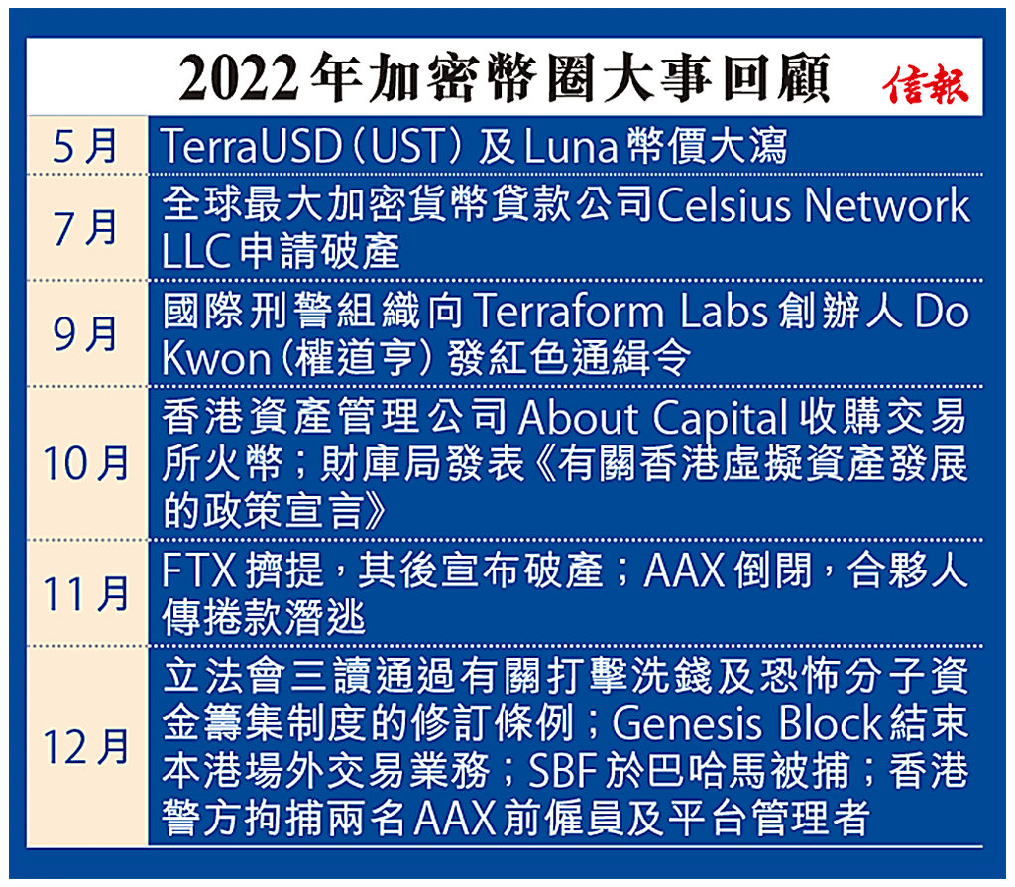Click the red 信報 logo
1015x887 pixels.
point(926,85)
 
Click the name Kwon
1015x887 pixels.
point(211,358)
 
